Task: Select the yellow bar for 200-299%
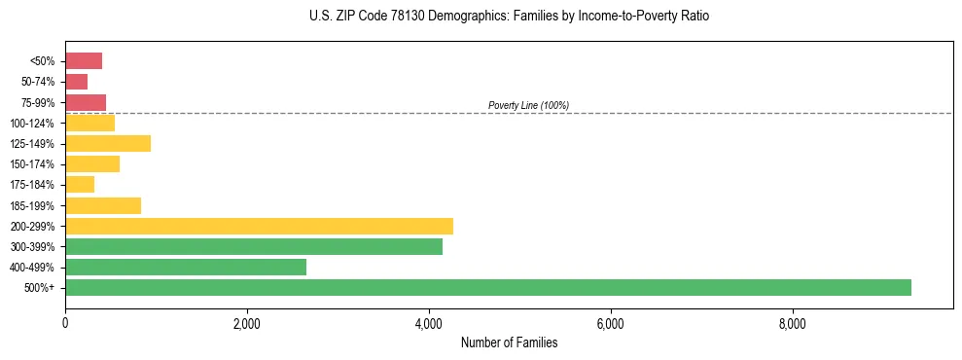(x=259, y=227)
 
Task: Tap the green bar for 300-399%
(x=254, y=247)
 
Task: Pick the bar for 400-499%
(x=186, y=268)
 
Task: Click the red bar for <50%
(x=84, y=61)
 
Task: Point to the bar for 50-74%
(x=77, y=82)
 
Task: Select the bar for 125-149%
(x=108, y=144)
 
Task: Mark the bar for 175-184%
(x=80, y=185)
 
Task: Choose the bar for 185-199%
(x=103, y=205)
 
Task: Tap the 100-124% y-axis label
(x=35, y=124)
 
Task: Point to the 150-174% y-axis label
(x=35, y=164)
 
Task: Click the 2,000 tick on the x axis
(x=247, y=322)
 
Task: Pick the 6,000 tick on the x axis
(x=610, y=322)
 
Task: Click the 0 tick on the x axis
(x=65, y=322)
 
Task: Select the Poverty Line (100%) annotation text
(x=528, y=105)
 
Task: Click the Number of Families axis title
(x=509, y=342)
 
